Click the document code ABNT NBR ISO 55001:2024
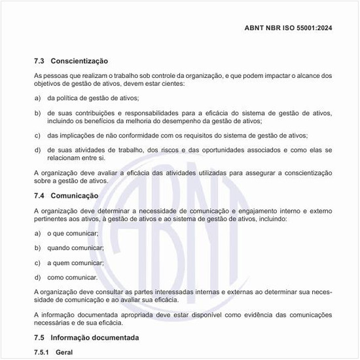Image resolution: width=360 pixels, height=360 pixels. [x=288, y=27]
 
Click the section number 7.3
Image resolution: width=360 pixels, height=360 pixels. [x=39, y=61]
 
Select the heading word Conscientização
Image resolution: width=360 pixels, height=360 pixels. [x=79, y=61]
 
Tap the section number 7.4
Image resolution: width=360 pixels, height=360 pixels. [x=39, y=196]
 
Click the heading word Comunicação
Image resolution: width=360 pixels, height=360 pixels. [x=75, y=196]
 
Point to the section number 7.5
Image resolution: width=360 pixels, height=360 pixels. [x=39, y=338]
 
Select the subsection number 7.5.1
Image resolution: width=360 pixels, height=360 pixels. [x=42, y=352]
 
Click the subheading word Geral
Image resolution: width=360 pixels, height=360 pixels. [x=65, y=352]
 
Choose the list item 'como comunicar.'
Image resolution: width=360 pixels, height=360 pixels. [x=73, y=278]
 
